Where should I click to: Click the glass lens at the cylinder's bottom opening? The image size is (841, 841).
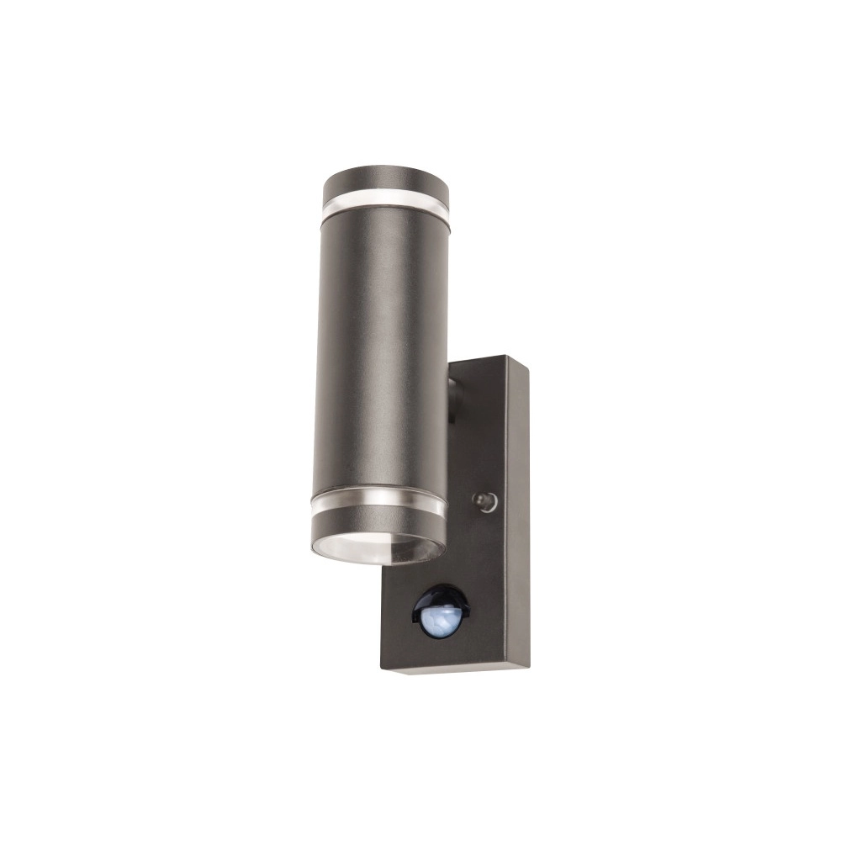(378, 547)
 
